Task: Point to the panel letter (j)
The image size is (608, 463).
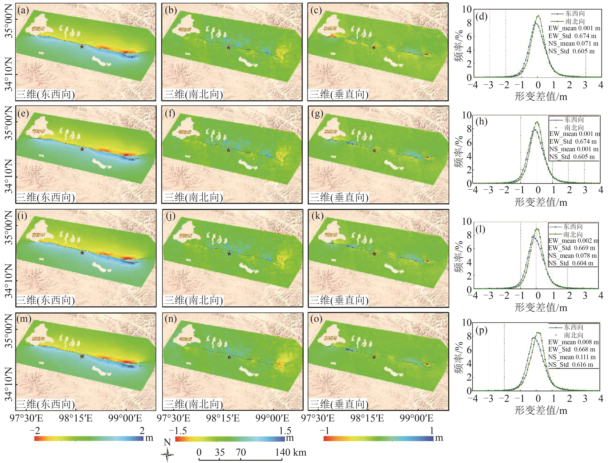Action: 171,216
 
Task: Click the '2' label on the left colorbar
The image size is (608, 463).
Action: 142,430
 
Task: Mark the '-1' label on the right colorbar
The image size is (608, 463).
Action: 326,430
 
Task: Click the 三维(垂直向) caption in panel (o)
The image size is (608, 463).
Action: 339,404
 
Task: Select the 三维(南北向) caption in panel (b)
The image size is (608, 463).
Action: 193,94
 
